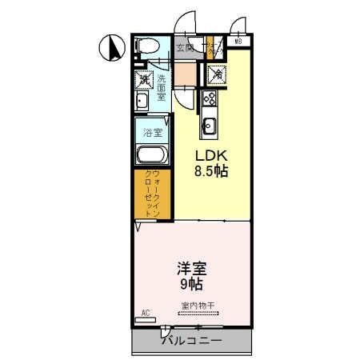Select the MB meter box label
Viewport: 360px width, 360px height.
(238, 41)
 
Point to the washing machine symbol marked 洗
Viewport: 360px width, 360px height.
(143, 78)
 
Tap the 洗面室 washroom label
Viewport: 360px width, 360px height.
(162, 84)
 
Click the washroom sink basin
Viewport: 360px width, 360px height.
(141, 101)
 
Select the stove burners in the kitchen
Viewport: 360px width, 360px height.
(210, 98)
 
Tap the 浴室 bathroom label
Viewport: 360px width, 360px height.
(152, 130)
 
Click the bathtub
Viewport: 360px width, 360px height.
(152, 155)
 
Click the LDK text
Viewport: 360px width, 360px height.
(210, 154)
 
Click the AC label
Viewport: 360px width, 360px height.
(146, 312)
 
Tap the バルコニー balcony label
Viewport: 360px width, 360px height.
(192, 341)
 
